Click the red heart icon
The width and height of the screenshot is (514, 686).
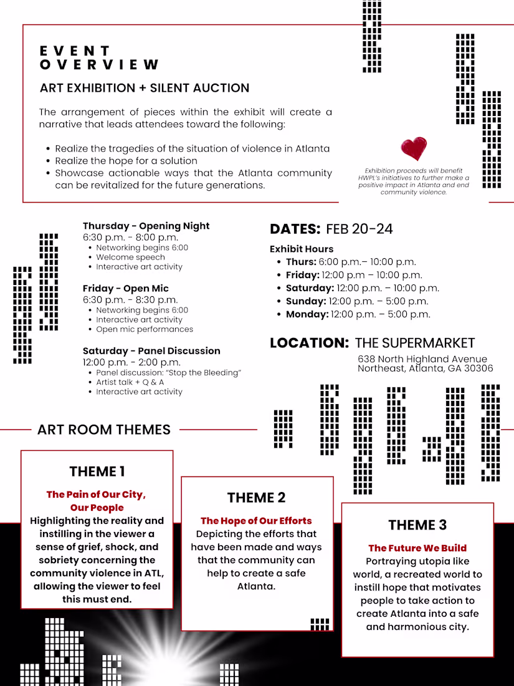click(414, 149)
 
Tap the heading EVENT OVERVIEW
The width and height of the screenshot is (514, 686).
click(99, 57)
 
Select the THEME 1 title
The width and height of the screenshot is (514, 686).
click(97, 471)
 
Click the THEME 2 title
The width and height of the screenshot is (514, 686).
click(256, 498)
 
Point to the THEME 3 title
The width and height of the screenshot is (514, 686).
click(417, 525)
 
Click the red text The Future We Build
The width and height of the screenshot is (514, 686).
click(417, 548)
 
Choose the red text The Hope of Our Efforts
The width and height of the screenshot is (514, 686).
click(256, 521)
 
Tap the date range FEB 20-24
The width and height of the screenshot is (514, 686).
click(359, 229)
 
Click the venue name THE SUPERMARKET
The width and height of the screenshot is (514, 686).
click(415, 343)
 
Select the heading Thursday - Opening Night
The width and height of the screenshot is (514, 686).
click(146, 226)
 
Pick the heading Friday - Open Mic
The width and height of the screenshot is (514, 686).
click(126, 288)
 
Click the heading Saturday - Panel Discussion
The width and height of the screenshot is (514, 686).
click(151, 350)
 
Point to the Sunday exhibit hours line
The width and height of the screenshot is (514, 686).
click(357, 301)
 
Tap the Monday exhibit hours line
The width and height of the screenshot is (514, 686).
click(358, 314)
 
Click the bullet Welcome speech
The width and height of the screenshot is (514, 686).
click(130, 257)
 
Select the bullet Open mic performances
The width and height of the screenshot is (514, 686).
click(145, 329)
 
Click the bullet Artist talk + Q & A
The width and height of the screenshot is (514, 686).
click(130, 382)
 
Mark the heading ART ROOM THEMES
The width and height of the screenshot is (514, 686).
click(103, 430)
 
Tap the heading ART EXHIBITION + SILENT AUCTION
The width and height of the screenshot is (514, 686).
click(145, 88)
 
